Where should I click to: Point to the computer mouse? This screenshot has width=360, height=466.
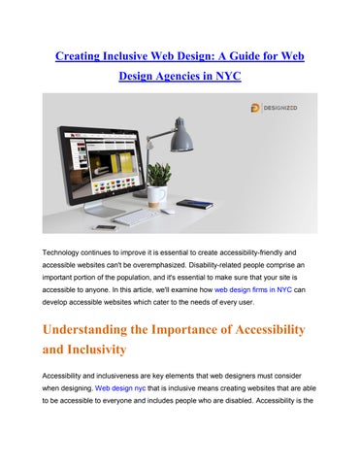click(169, 212)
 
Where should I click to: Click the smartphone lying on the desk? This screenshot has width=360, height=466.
click(105, 227)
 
